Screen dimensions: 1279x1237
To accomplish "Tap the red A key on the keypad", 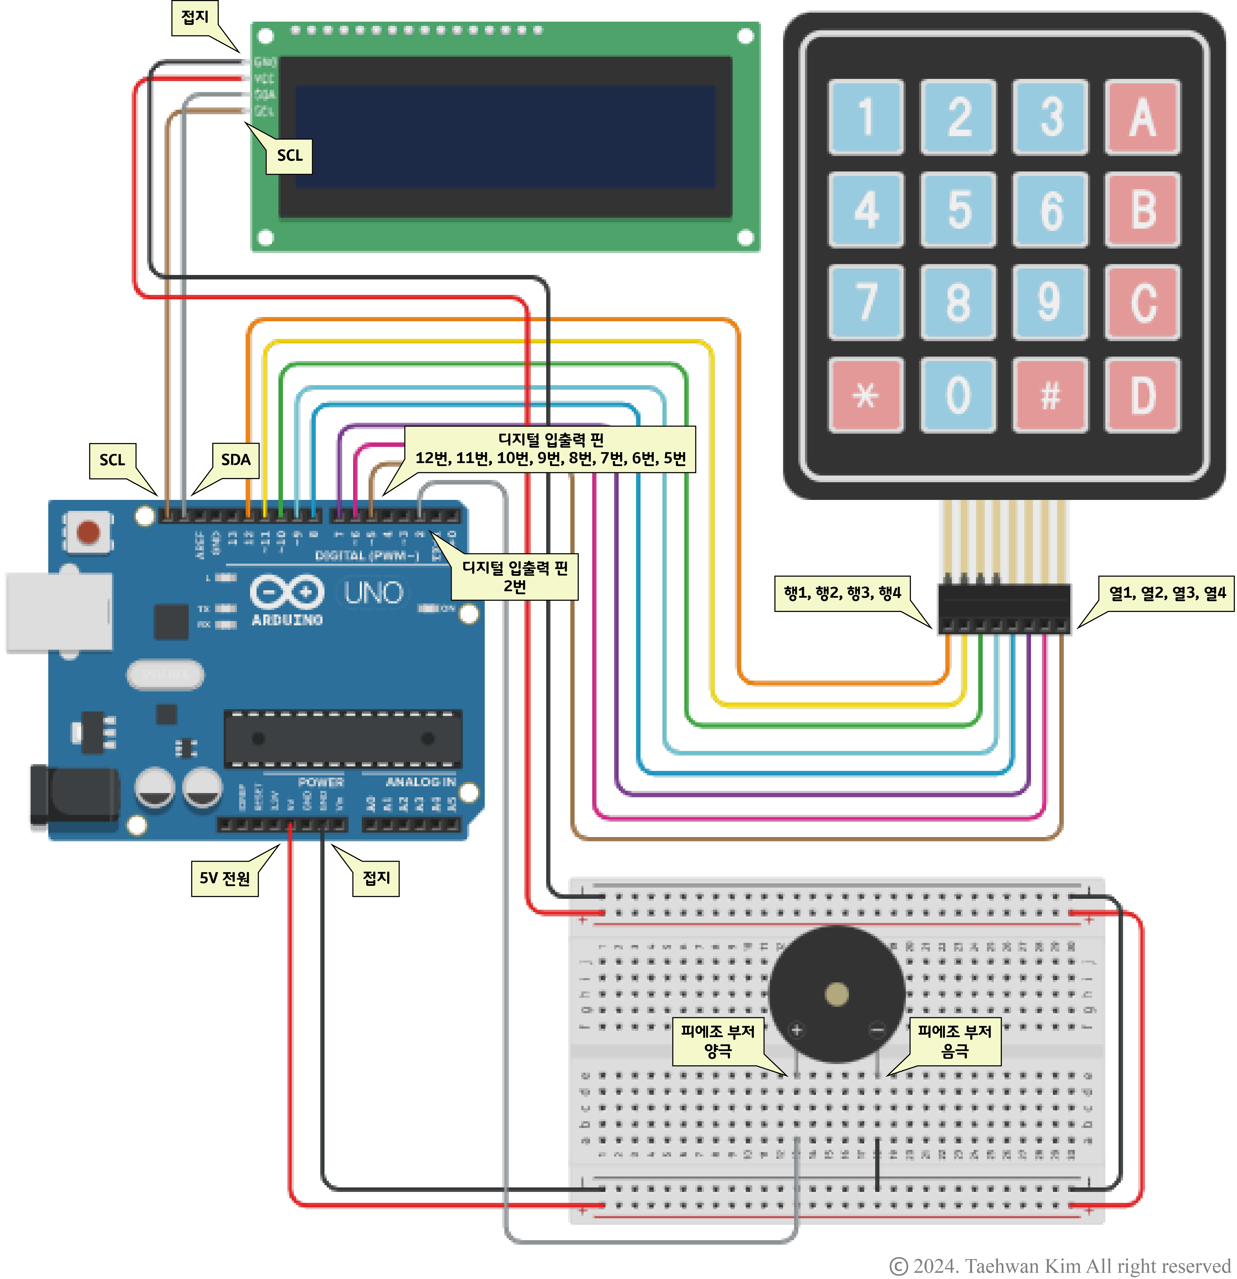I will (x=1142, y=117).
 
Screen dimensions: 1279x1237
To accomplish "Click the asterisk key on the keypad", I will (x=866, y=395).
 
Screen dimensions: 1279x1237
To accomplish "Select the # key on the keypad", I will (x=1050, y=395).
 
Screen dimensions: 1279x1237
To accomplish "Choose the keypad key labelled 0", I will (x=958, y=395).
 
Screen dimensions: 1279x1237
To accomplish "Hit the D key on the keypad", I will (x=1142, y=395).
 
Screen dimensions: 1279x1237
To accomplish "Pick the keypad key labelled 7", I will (x=866, y=302).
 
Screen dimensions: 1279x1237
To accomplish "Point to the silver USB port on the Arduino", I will (x=59, y=612).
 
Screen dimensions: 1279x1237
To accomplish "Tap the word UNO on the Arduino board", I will (x=373, y=592).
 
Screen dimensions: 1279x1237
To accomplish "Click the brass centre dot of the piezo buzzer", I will (x=836, y=995).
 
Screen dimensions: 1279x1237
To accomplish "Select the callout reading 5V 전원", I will (x=224, y=878).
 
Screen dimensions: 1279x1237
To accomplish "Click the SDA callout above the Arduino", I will (x=235, y=460).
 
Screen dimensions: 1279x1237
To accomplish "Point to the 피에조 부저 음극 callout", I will (x=955, y=1041).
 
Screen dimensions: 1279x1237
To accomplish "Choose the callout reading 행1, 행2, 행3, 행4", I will (x=842, y=593).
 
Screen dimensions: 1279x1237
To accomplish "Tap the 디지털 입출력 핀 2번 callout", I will (x=515, y=577).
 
